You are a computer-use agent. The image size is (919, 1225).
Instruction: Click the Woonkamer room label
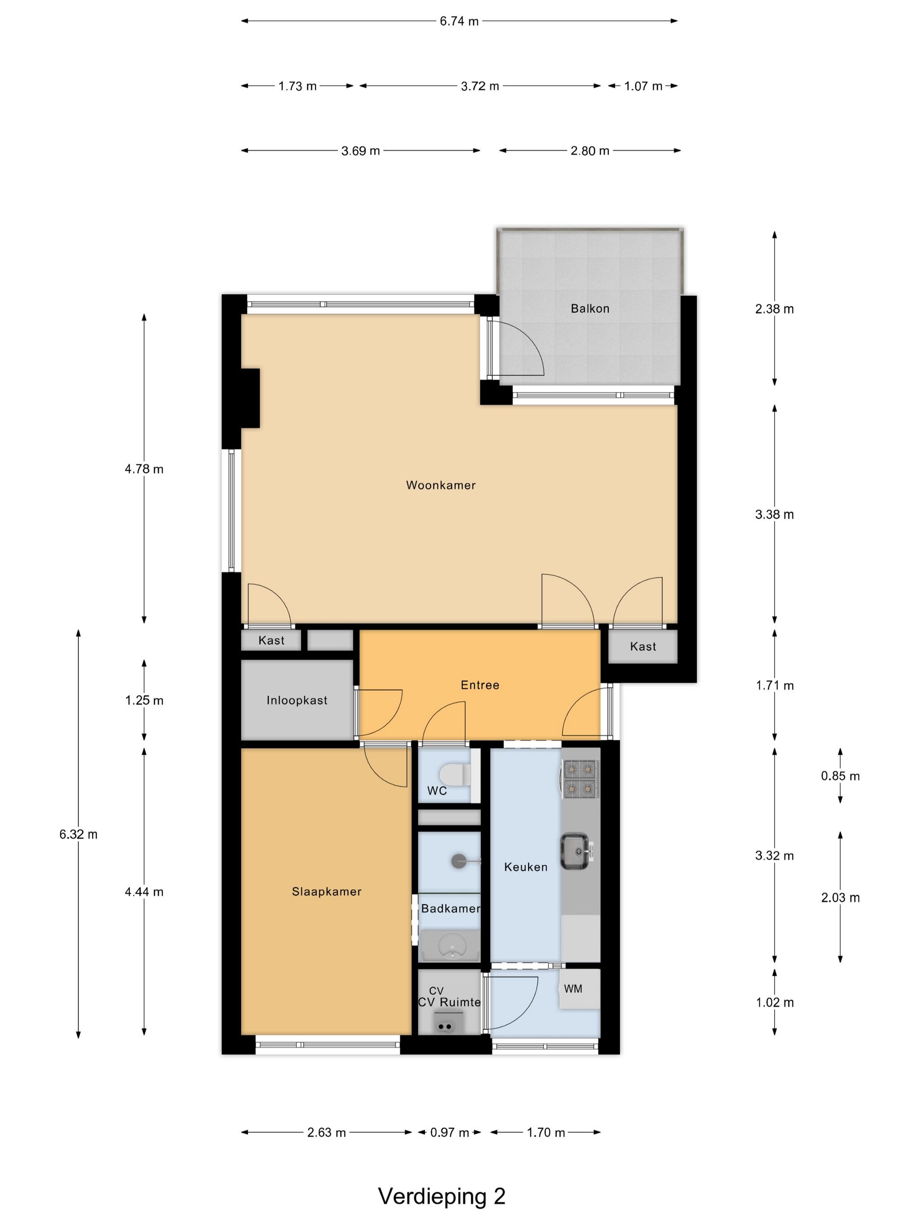440,485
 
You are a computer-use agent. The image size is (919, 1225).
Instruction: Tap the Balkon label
589,308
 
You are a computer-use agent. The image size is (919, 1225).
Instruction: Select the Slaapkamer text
326,892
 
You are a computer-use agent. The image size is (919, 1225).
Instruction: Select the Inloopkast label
297,700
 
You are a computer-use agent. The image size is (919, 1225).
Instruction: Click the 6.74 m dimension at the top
459,21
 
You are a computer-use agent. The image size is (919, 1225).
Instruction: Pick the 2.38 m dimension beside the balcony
774,309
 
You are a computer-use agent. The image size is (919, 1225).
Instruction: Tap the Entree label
480,685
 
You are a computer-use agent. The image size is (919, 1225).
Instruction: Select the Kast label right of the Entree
642,646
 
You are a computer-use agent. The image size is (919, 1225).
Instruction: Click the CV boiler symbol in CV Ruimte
444,1026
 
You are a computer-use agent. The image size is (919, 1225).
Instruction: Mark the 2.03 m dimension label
840,898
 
